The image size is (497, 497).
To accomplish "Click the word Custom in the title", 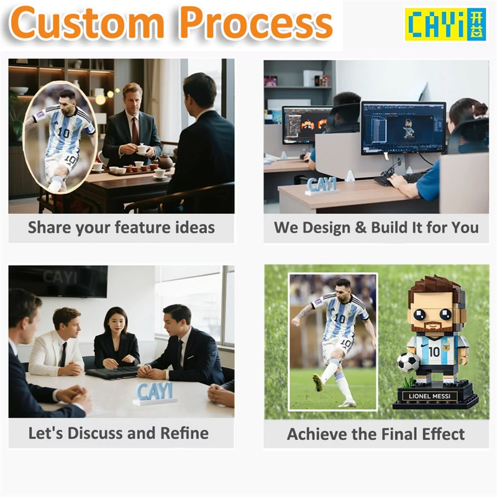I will pyautogui.click(x=87, y=24).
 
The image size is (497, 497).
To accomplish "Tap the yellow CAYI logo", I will pyautogui.click(x=436, y=24).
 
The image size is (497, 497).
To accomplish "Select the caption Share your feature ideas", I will pyautogui.click(x=121, y=227).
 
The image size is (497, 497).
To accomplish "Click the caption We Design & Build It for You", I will pyautogui.click(x=376, y=227).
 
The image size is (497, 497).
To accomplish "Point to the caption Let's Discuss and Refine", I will pyautogui.click(x=118, y=433).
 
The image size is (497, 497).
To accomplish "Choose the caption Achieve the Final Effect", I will pyautogui.click(x=376, y=434).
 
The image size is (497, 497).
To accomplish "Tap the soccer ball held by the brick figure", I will pyautogui.click(x=408, y=362).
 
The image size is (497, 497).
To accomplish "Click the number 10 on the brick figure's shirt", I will pyautogui.click(x=434, y=352).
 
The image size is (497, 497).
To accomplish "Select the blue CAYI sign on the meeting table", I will pyautogui.click(x=155, y=393).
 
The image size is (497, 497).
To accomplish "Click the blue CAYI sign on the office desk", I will pyautogui.click(x=322, y=185).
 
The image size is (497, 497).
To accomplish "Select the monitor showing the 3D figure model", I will pyautogui.click(x=403, y=127).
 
